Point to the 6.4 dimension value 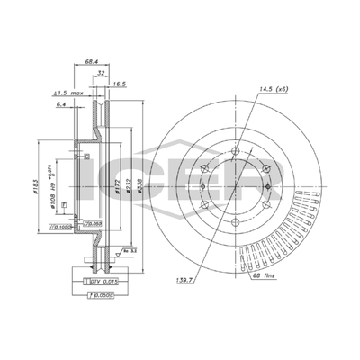pos(61,106)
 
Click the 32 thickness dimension pos(102,73)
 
